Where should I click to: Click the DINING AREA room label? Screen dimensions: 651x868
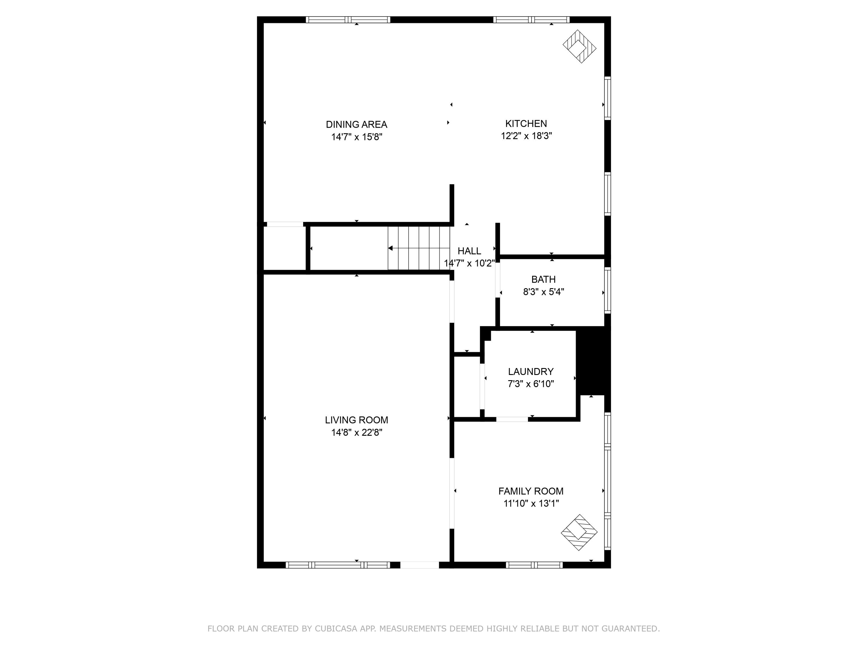(356, 124)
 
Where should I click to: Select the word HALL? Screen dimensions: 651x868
(469, 251)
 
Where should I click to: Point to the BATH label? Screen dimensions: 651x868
(543, 279)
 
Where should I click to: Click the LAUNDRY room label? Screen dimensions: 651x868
(531, 372)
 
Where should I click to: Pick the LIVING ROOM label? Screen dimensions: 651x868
(356, 420)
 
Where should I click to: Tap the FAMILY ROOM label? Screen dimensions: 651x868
(531, 491)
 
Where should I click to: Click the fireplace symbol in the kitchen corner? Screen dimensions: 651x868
(579, 47)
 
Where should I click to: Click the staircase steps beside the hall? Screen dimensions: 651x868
(419, 248)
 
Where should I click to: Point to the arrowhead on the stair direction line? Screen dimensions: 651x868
(390, 248)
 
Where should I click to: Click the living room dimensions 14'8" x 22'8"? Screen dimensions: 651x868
(356, 433)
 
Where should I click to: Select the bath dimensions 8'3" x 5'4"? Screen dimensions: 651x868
(543, 292)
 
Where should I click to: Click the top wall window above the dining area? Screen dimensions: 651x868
(348, 20)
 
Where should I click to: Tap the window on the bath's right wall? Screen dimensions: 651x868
(607, 290)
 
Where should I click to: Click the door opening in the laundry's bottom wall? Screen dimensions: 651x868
(512, 419)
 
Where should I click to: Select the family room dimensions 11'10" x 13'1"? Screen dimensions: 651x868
(531, 503)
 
